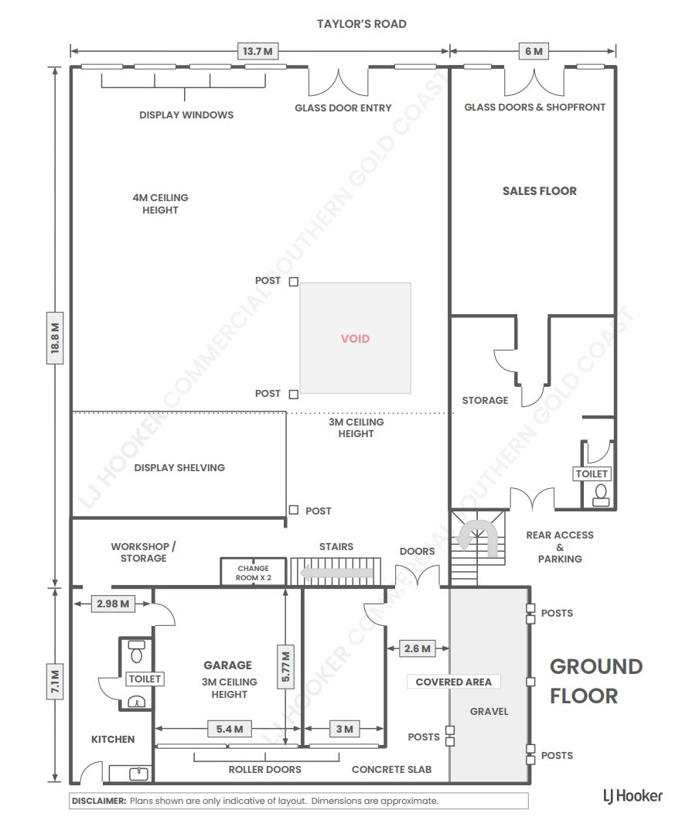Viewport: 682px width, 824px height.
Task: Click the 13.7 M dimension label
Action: pyautogui.click(x=257, y=52)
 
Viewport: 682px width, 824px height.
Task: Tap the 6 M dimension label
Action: pyautogui.click(x=534, y=52)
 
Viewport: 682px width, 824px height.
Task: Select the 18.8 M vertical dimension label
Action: pyautogui.click(x=55, y=338)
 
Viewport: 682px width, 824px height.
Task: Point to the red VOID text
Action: pyautogui.click(x=356, y=339)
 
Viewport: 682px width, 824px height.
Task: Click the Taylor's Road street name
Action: pyautogui.click(x=362, y=24)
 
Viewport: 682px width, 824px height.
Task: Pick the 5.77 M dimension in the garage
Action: pyautogui.click(x=285, y=666)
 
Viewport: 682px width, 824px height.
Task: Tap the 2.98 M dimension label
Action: pyautogui.click(x=113, y=603)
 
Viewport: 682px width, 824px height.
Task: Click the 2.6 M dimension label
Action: pyautogui.click(x=418, y=648)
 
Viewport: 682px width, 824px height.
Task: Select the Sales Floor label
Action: pyautogui.click(x=540, y=191)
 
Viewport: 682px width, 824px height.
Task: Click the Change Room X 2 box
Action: pyautogui.click(x=254, y=573)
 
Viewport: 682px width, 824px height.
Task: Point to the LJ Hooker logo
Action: pyautogui.click(x=633, y=797)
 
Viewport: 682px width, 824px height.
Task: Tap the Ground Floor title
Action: pyautogui.click(x=596, y=681)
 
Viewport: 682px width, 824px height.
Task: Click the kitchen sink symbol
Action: pyautogui.click(x=138, y=774)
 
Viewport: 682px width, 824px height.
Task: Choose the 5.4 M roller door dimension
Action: pyautogui.click(x=230, y=729)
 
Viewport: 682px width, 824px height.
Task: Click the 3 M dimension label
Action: pyautogui.click(x=344, y=729)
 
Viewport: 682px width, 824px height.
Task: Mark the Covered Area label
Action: pyautogui.click(x=454, y=682)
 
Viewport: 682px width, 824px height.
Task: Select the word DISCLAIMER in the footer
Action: pyautogui.click(x=99, y=801)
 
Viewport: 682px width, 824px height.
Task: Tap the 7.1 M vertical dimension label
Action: pyautogui.click(x=55, y=682)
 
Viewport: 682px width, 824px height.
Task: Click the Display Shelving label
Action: pyautogui.click(x=179, y=467)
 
